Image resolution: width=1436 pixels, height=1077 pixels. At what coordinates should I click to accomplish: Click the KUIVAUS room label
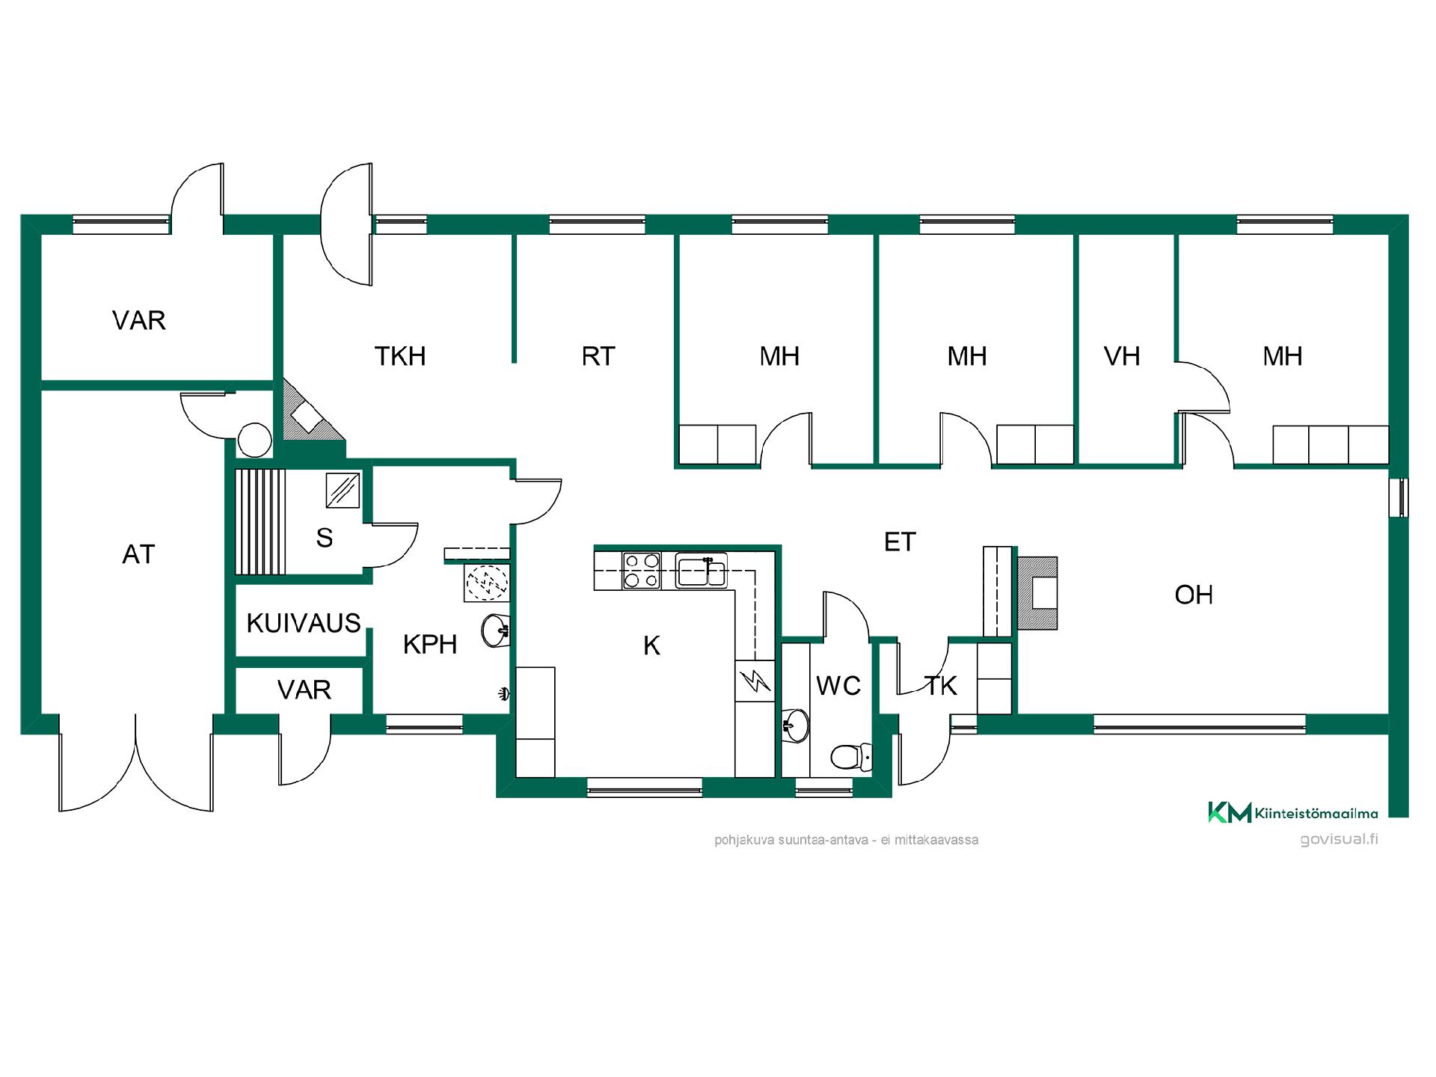coord(304,623)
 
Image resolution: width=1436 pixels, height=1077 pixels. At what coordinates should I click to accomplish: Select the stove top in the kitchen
coord(642,571)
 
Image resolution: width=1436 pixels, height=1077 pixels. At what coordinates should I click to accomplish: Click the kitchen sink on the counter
coord(701,571)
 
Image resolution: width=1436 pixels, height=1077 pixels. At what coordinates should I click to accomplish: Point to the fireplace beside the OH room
coord(1037,593)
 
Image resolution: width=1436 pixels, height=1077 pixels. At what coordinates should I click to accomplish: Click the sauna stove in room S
coord(343,490)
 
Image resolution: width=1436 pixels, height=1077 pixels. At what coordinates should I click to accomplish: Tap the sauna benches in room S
coord(260,521)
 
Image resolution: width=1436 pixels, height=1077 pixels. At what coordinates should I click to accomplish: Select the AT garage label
coord(138,554)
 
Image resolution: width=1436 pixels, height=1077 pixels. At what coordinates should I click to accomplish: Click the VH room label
coord(1122,357)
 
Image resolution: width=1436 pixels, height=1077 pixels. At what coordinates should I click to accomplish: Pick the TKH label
coord(400,357)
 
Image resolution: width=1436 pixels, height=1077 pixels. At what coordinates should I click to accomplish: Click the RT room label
coord(598,357)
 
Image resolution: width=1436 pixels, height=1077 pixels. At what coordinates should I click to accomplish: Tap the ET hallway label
coord(900,542)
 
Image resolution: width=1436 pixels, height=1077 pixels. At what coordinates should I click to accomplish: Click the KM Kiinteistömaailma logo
coord(1293,812)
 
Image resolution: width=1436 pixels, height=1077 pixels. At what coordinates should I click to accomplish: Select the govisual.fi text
coord(1339,838)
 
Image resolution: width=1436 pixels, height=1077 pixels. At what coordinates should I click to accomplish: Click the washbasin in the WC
coord(796,724)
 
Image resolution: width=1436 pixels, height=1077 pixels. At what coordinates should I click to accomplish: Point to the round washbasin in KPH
coord(496,630)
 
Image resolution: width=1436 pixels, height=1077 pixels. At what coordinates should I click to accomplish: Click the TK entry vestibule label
coord(940,686)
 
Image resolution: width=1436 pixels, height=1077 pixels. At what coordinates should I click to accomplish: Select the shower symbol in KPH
coord(486,582)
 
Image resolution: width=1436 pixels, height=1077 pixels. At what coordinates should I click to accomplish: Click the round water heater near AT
coord(254,440)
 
